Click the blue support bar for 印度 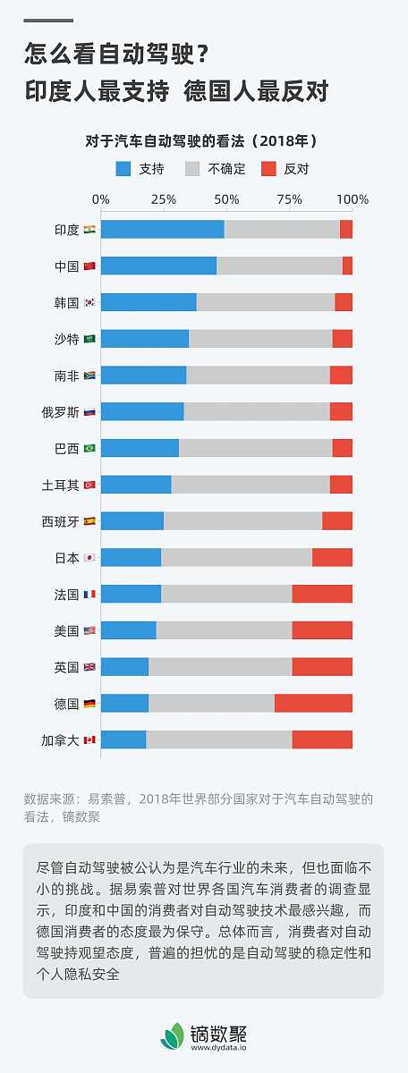(x=162, y=229)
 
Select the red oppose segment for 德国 (x=313, y=703)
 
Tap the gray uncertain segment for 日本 (x=236, y=557)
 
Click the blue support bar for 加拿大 (x=123, y=739)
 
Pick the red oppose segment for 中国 (x=347, y=266)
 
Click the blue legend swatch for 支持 (x=123, y=168)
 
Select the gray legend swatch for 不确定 (x=192, y=168)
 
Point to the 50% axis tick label (x=226, y=199)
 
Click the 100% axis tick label (x=352, y=199)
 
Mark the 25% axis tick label (x=163, y=199)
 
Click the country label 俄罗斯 (x=61, y=411)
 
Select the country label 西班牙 (x=61, y=520)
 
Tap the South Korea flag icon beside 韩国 (x=89, y=302)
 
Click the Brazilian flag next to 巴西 (x=89, y=448)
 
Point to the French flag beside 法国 (x=89, y=594)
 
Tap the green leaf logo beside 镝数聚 (x=172, y=1035)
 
